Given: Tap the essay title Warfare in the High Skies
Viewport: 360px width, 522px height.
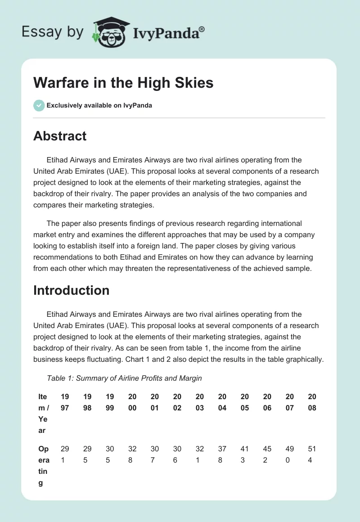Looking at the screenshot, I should pos(123,82).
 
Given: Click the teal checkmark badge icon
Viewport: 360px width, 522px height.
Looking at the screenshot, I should pos(39,105).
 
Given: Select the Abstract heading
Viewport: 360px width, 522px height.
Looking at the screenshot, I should pos(60,135).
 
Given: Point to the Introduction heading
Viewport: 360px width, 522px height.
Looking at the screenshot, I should pos(71,290).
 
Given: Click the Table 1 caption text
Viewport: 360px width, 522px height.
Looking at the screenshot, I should pos(124,378).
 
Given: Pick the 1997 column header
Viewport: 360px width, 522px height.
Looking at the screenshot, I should pos(65,402).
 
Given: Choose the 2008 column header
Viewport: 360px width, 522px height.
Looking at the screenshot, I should pos(312,402).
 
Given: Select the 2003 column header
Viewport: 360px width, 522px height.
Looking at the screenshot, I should pos(199,402).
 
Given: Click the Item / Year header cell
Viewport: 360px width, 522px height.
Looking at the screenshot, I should pos(43,414).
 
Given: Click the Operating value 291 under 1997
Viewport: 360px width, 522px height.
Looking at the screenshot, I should pos(65,454).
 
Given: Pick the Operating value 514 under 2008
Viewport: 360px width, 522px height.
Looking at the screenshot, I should pos(312,454).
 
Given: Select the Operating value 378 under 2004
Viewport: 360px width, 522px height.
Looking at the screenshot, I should pos(222,454).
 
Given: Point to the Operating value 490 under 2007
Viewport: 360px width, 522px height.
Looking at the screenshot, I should pos(289,454).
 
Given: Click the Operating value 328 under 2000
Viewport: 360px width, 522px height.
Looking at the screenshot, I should pos(132,454).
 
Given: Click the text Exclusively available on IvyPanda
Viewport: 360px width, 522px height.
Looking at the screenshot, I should pos(99,105).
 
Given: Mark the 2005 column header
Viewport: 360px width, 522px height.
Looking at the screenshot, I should pos(244,402).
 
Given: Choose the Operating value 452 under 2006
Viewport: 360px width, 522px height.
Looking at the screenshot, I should pos(267,454).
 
